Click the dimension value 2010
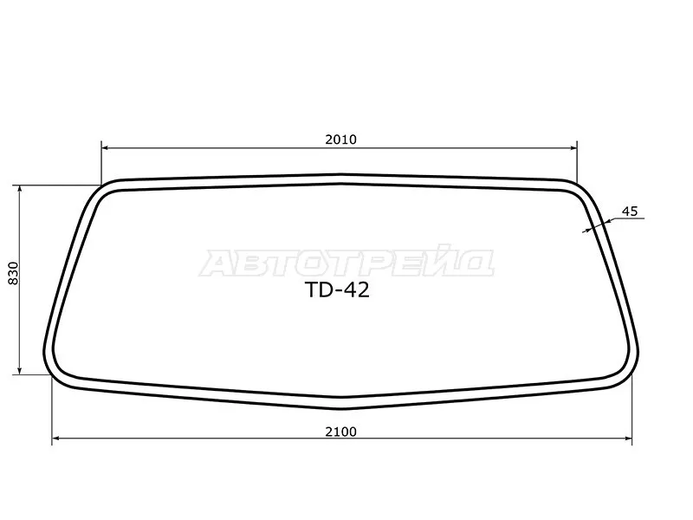(340, 140)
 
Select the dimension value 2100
(340, 432)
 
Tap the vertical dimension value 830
(14, 273)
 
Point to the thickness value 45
(630, 211)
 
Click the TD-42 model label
(337, 290)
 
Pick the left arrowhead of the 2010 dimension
(105, 148)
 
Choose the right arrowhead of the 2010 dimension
(573, 148)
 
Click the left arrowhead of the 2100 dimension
(55, 439)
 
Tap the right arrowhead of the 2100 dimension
(628, 439)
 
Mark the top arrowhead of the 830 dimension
(19, 189)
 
